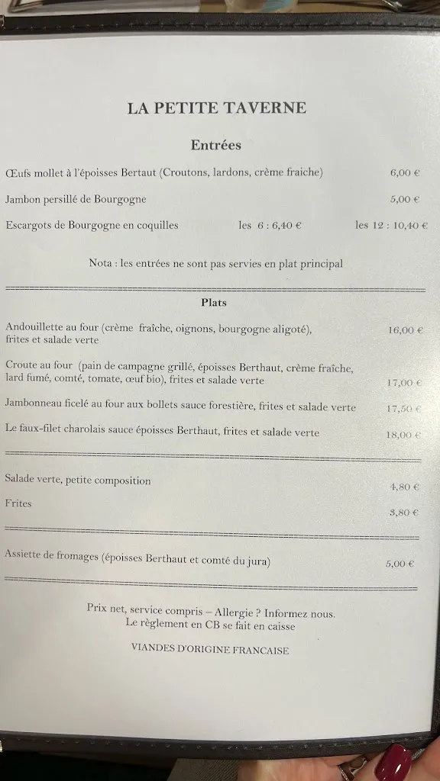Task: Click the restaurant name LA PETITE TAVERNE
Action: pyautogui.click(x=217, y=108)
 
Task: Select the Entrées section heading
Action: pyautogui.click(x=215, y=145)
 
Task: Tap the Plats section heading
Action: pyautogui.click(x=214, y=303)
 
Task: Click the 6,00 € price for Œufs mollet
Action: pyautogui.click(x=405, y=173)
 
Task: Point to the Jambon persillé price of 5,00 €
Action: pyautogui.click(x=405, y=200)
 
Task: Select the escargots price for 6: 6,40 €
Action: pyautogui.click(x=270, y=226)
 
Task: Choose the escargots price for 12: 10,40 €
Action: pyautogui.click(x=391, y=226)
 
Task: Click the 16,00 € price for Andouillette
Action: pyautogui.click(x=405, y=331)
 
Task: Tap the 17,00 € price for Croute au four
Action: pyautogui.click(x=404, y=383)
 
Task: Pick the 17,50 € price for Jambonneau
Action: pyautogui.click(x=404, y=409)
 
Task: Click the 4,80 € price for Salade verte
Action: pyautogui.click(x=404, y=487)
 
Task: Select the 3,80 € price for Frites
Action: pyautogui.click(x=404, y=513)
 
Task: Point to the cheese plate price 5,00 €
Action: pyautogui.click(x=400, y=564)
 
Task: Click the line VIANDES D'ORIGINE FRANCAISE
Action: pyautogui.click(x=210, y=651)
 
